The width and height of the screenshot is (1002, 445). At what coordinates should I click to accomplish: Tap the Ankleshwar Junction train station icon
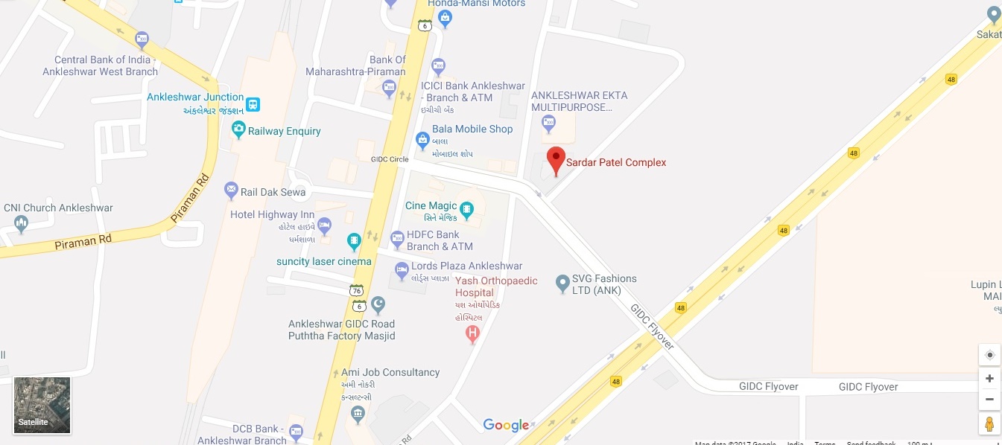253,104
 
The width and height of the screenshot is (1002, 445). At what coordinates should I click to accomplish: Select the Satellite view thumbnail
42,406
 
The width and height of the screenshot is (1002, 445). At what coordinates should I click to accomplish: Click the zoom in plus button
989,379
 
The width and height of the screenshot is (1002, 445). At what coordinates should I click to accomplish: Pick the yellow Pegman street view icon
989,423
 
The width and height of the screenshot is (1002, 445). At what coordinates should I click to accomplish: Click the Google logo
506,425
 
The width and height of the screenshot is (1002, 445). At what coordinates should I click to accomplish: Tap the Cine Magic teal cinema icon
467,209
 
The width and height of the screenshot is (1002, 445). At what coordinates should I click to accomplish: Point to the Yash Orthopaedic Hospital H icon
472,335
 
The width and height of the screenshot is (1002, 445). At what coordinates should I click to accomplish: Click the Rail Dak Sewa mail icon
231,191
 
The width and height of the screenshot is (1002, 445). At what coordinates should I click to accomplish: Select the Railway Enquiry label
284,131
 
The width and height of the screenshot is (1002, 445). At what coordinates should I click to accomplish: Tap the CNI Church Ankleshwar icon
21,222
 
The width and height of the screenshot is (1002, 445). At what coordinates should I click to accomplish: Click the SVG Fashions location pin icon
563,283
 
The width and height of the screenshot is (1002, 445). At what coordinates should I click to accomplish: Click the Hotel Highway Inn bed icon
324,224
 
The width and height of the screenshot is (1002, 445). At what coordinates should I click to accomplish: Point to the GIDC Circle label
390,159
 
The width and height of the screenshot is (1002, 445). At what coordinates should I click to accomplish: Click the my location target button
989,355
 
